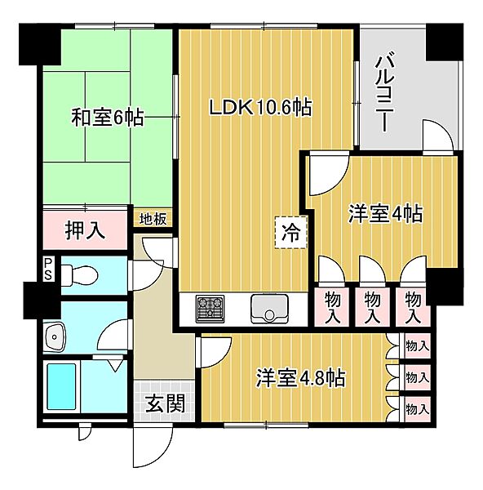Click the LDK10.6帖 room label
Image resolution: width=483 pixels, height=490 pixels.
tap(260, 107)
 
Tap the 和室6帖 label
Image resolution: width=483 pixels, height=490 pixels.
tap(107, 118)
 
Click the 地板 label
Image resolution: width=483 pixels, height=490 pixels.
tap(153, 219)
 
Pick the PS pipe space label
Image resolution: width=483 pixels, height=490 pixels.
tap(48, 269)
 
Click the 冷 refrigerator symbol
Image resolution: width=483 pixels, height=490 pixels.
tap(290, 231)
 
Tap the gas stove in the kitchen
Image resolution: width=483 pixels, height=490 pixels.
tap(210, 309)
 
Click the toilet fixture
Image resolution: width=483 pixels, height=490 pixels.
tap(82, 276)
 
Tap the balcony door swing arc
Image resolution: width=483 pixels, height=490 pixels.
tap(436, 135)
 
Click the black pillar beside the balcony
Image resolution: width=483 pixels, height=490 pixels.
tap(444, 42)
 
